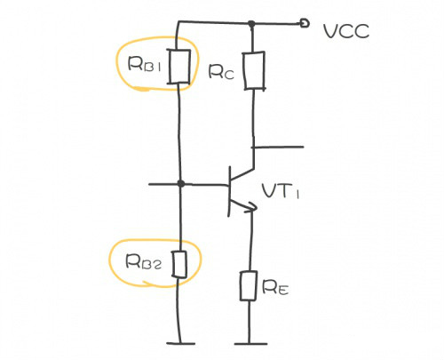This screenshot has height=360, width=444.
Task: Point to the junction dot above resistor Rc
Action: pos(253,24)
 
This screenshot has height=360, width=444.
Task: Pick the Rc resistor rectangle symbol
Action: pos(254,70)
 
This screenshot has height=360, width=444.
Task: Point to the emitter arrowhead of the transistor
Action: pos(252,207)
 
